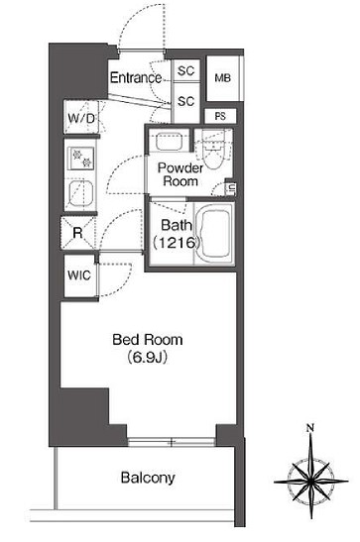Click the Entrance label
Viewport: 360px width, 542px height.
coord(136,78)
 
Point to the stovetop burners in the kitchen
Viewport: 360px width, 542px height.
coord(80,156)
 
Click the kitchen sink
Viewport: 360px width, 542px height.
coord(80,191)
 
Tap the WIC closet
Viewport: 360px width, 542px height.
coord(80,276)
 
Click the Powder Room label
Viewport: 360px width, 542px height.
coord(180,175)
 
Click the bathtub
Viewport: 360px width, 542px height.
coord(214,235)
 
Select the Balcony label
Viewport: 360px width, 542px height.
coord(148,477)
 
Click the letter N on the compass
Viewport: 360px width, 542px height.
coord(310,428)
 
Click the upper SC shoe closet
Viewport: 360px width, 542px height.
coord(184,71)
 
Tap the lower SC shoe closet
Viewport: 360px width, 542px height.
coord(184,101)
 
